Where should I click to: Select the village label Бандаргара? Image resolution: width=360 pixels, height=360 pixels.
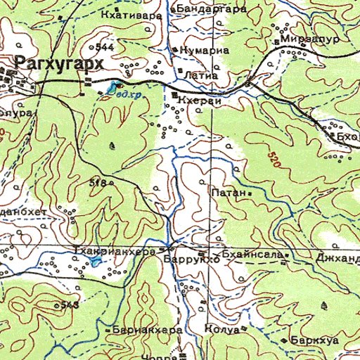pos(212,9)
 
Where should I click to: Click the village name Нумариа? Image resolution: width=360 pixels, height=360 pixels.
pos(205,51)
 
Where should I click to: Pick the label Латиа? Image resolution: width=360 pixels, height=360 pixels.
pos(200,73)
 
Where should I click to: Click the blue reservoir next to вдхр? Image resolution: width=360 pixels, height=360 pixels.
pos(111,89)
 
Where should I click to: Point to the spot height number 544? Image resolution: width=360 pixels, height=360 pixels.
pos(105,47)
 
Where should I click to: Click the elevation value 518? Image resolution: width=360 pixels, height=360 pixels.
pos(97,183)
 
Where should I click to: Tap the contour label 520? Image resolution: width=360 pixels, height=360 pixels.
pos(274,159)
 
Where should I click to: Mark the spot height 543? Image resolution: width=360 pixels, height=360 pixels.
pos(69,304)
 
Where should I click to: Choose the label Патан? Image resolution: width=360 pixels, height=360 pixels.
pos(228,191)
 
